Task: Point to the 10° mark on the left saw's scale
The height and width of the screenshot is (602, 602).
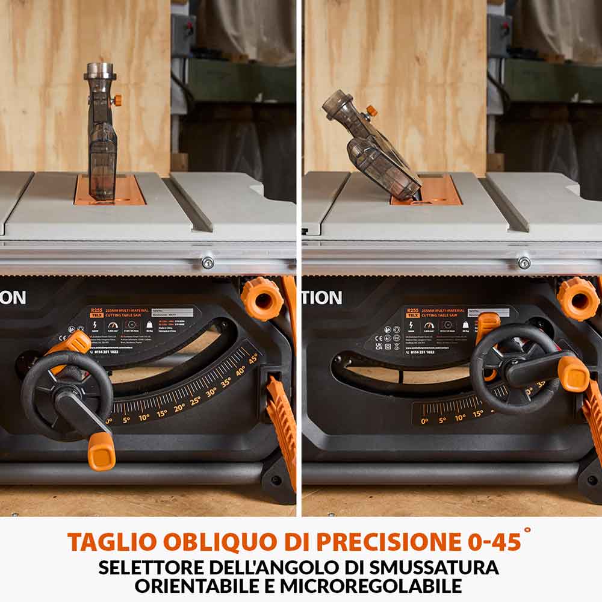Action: (144, 417)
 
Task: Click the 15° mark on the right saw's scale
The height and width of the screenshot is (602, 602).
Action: (477, 414)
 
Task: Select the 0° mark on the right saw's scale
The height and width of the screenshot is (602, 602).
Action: (424, 421)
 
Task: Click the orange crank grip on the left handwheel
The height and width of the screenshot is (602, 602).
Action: (101, 450)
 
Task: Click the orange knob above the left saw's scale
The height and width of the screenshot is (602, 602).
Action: (262, 298)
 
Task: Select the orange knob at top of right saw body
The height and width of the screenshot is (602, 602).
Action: (577, 298)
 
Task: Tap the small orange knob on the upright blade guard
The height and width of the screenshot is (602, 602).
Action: (117, 100)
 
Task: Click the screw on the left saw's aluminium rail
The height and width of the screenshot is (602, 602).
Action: (208, 262)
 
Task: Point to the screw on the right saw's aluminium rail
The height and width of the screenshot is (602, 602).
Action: (524, 262)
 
